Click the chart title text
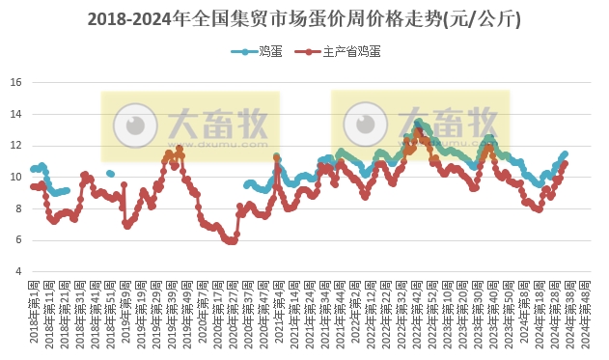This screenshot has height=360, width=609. coord(304,17)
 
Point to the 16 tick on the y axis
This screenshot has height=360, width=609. coord(15,82)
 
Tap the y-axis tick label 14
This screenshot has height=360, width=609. coord(15,114)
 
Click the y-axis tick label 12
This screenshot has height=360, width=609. coord(15,146)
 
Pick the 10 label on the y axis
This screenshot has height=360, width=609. coord(15,177)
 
